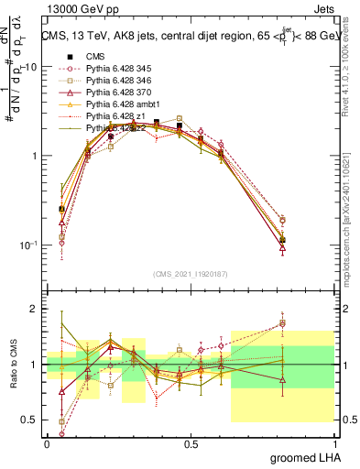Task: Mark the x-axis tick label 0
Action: [x=47, y=443]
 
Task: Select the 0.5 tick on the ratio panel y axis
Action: [x=30, y=420]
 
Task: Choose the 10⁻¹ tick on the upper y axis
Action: [x=27, y=245]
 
